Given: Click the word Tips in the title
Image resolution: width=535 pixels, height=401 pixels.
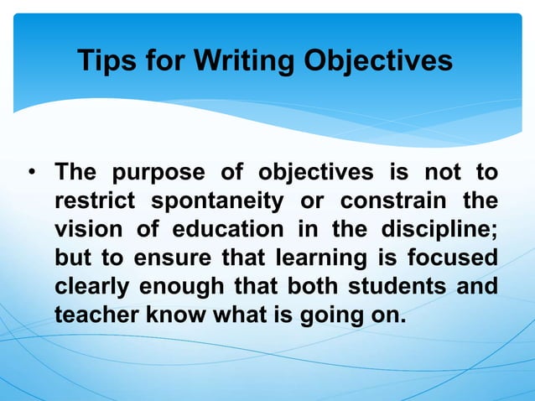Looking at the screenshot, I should [106, 60].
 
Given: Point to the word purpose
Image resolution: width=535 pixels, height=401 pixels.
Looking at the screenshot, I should [158, 174].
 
